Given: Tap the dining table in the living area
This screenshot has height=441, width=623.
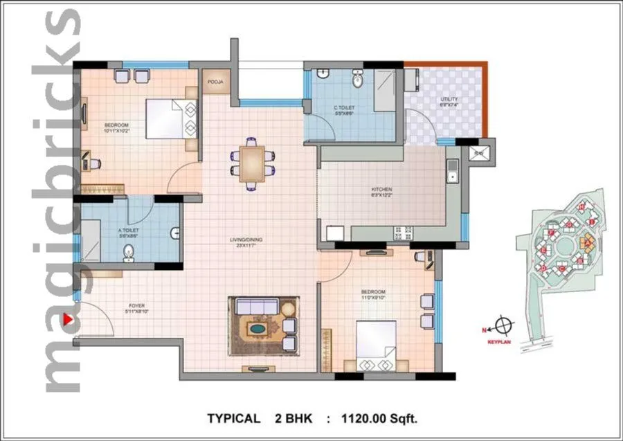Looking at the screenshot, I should coord(251,162).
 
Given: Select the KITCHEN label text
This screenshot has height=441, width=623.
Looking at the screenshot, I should coord(381,189).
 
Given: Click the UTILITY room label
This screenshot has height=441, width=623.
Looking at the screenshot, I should coord(449,99).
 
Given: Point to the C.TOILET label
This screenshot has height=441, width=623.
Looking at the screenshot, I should coord(344,108).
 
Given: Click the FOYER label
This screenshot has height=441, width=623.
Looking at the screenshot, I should coord(135,305).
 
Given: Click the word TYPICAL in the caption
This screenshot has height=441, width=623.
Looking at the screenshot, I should coord(234,418).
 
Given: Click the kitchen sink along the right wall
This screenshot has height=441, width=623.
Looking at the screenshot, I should coord(452,172).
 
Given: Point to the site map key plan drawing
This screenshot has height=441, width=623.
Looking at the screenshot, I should coord(563,249).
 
